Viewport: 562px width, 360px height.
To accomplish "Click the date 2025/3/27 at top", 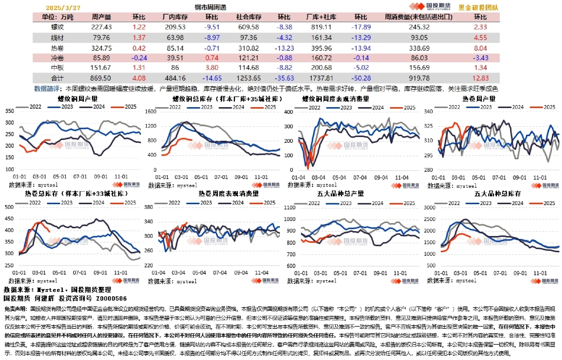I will click(63, 8).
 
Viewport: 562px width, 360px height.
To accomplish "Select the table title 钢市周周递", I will click(211, 8).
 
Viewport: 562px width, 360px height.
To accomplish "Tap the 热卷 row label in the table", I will click(57, 48).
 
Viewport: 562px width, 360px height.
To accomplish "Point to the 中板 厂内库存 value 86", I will click(175, 68).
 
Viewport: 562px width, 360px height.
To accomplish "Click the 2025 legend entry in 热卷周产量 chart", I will click(546, 107).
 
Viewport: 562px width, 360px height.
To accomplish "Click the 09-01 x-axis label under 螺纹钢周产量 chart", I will click(101, 177).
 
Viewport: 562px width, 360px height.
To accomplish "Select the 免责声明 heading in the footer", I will click(15, 308).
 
